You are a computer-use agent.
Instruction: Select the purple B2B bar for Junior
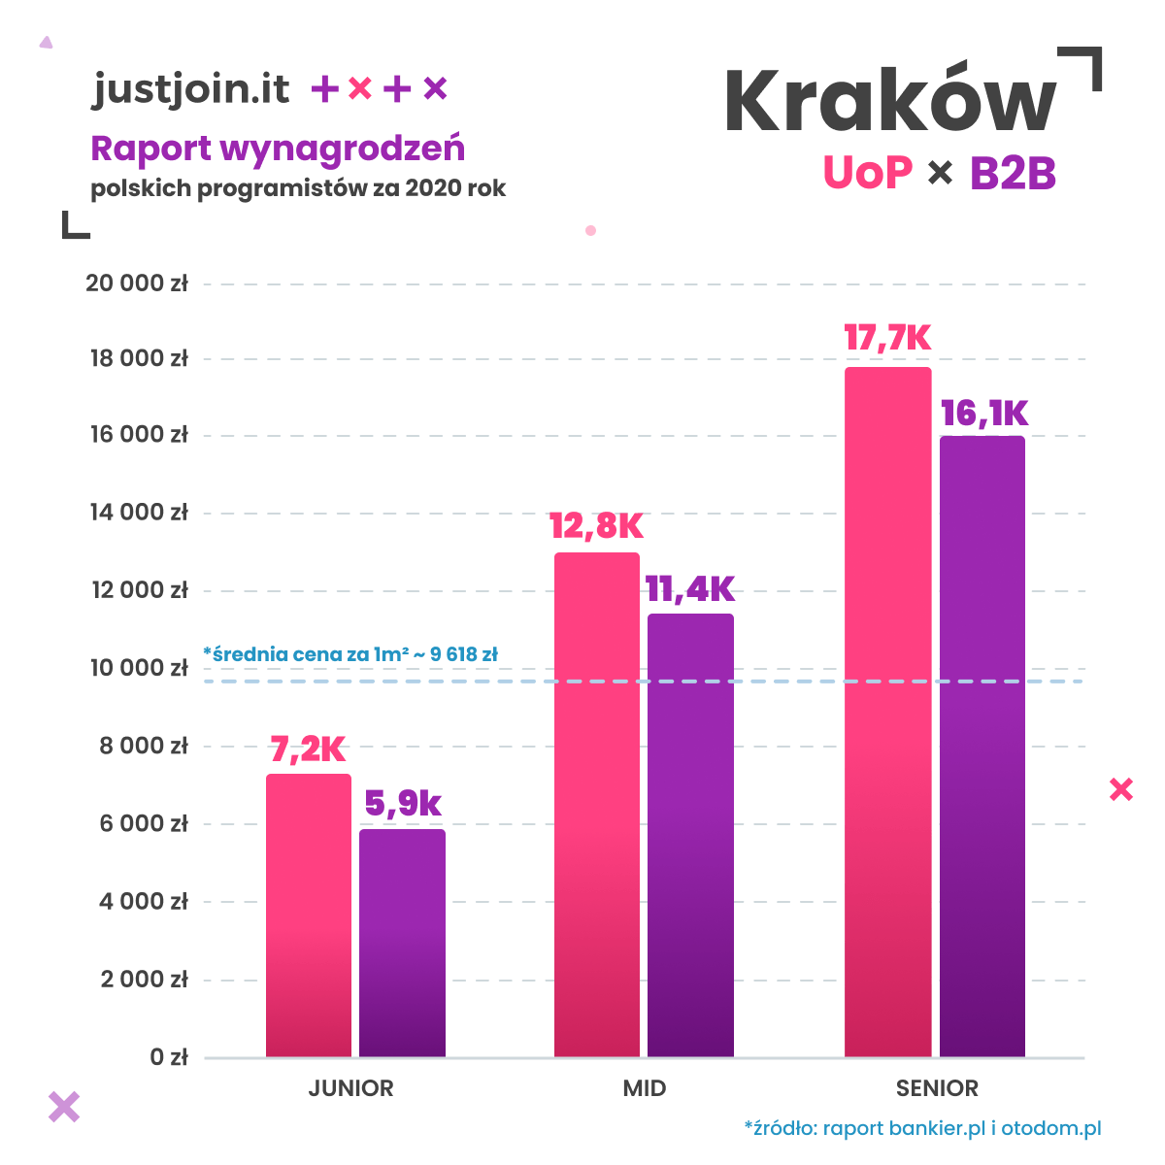402,943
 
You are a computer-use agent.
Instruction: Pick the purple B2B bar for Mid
690,835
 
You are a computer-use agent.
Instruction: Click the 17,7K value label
887,339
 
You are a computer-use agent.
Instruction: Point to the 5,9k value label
403,804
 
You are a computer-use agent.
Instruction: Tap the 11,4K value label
690,588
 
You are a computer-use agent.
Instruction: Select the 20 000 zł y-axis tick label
137,283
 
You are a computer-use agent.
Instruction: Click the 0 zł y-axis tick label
169,1057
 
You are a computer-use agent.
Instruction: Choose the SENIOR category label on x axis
937,1088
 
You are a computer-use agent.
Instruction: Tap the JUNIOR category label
351,1088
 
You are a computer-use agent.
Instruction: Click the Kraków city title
890,102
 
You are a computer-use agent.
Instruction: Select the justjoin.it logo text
191,89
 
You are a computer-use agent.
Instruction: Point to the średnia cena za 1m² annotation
350,654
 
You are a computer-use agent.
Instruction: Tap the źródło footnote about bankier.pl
922,1128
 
